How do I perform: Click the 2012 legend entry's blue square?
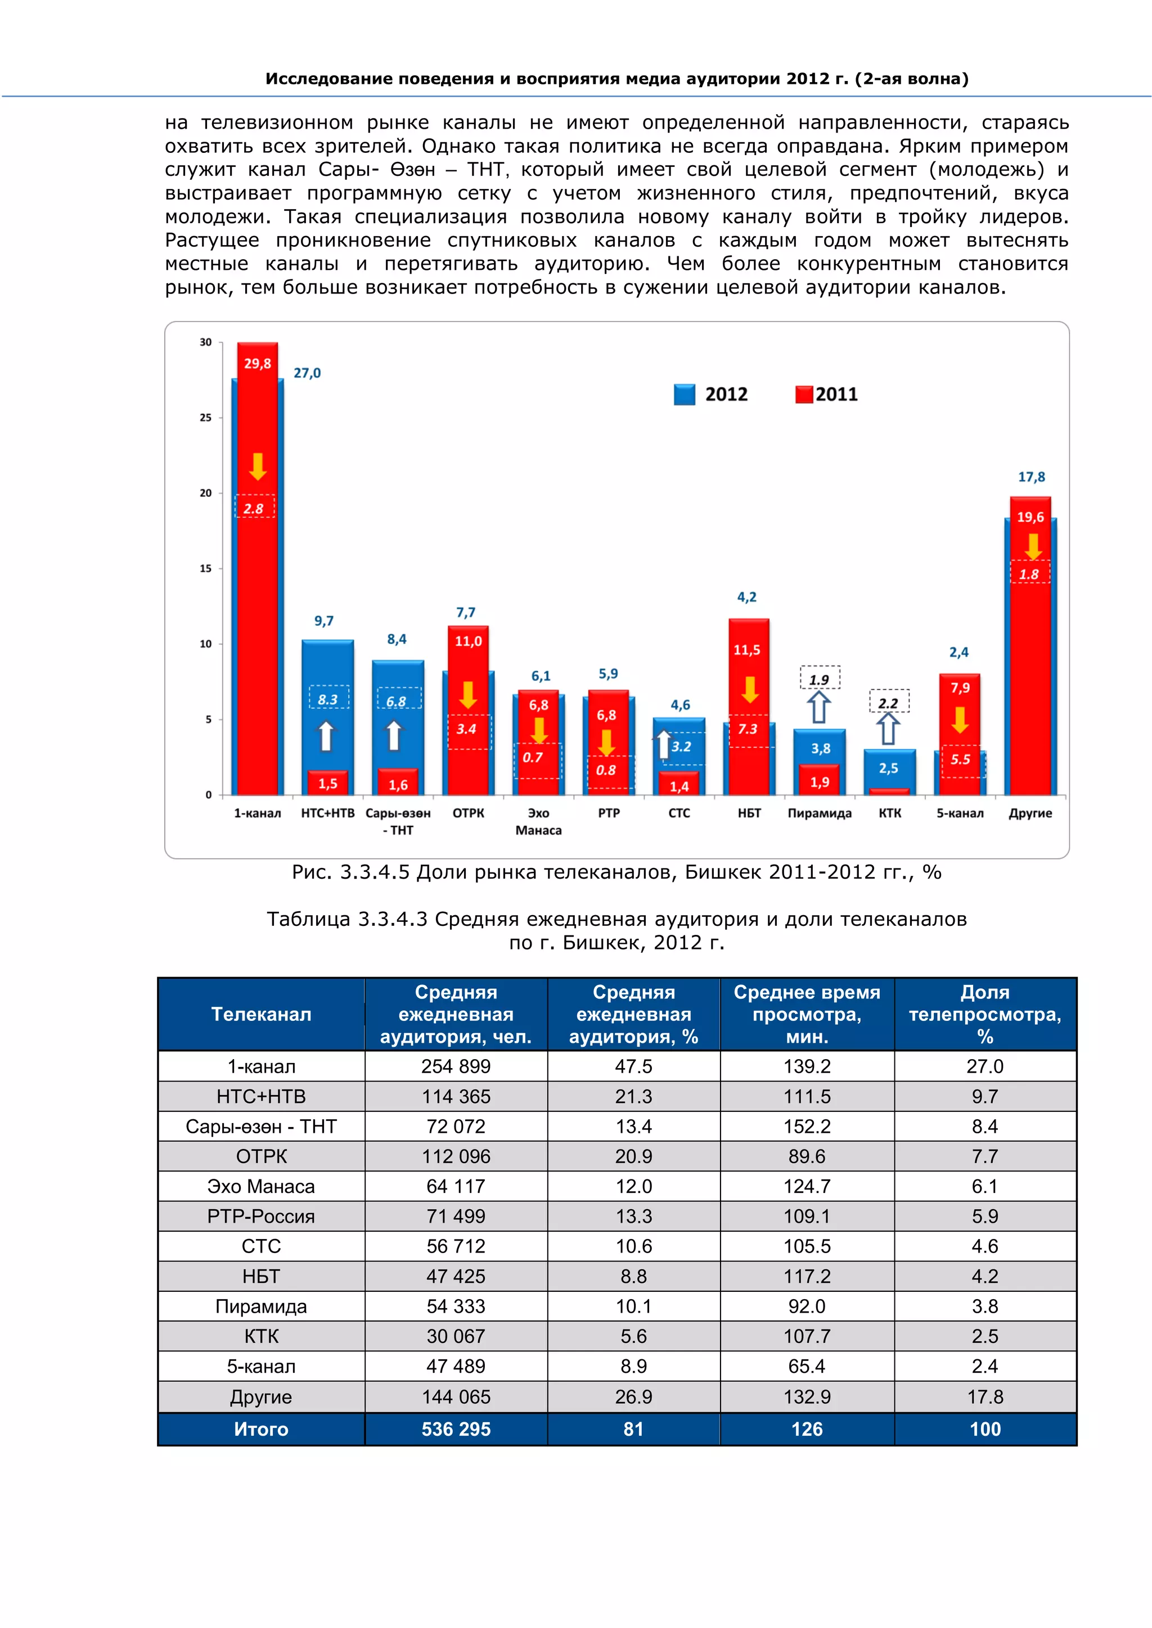[684, 394]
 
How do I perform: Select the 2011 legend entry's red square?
[803, 394]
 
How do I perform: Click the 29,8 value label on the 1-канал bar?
[257, 364]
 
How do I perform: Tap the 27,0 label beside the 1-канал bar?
[307, 373]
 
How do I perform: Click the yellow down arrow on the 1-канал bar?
[258, 467]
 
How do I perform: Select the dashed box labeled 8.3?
[328, 698]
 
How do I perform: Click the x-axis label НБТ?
[749, 813]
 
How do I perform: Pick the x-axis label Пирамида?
[820, 813]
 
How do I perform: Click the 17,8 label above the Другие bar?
[1032, 477]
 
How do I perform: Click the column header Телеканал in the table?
[261, 1014]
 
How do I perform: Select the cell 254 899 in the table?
[456, 1066]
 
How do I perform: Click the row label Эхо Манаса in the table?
[261, 1186]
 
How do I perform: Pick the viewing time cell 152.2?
[807, 1126]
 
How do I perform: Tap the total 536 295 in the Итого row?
[456, 1430]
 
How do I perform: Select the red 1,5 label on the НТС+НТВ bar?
[328, 784]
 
